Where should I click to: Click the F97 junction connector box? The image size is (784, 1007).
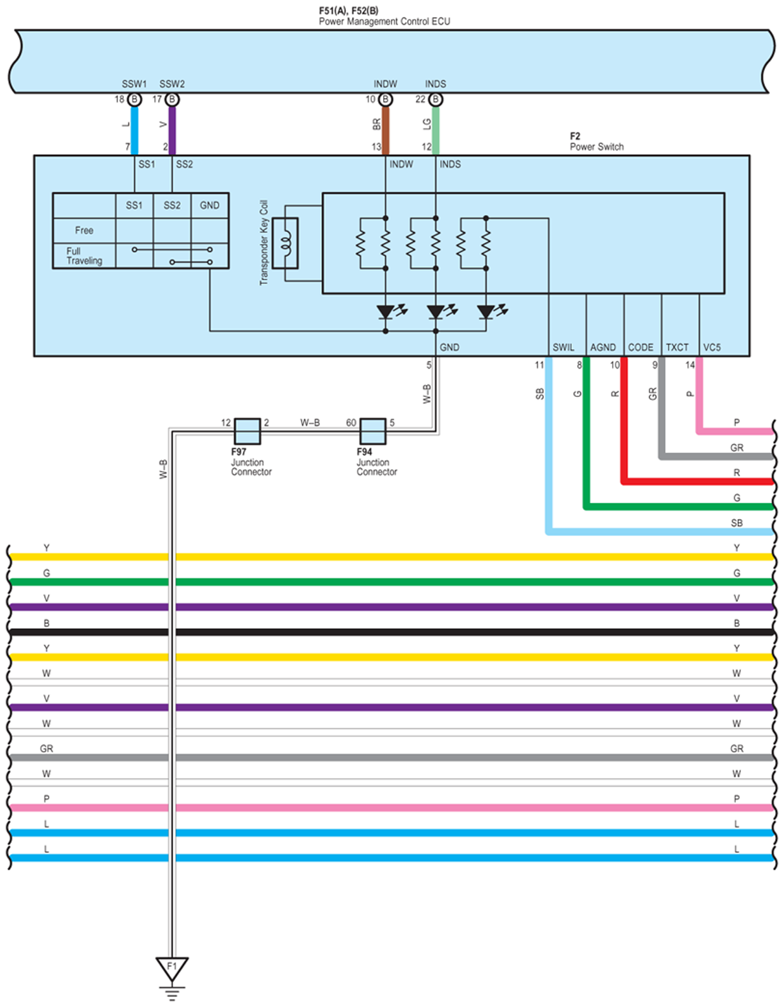tap(247, 431)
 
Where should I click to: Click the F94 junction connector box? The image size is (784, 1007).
tap(373, 431)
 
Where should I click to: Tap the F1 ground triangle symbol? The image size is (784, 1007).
tap(172, 968)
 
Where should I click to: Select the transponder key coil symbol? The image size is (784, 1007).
tap(285, 243)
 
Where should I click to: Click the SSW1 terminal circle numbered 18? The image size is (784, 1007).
tap(135, 100)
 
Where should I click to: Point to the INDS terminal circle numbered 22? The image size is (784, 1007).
tap(435, 100)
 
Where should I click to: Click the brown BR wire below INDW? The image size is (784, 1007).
tap(385, 131)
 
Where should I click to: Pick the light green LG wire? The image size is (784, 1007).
tap(436, 131)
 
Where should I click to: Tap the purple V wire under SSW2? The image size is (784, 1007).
tap(172, 131)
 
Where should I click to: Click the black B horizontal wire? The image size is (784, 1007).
tap(391, 632)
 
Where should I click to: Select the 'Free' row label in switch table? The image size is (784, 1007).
tap(84, 230)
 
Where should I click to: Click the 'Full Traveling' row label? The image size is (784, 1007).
tap(84, 256)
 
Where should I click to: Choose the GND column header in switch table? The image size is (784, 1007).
tap(209, 205)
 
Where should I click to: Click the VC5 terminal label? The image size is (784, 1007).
tap(712, 347)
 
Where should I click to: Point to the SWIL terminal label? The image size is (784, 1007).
tap(563, 347)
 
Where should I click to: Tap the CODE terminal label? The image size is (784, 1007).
tap(640, 347)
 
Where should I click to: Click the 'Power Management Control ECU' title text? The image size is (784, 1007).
tap(384, 21)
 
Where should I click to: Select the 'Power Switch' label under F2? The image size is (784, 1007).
tap(597, 147)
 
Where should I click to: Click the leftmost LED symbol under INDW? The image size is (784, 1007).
tap(386, 312)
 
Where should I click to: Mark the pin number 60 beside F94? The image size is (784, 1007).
tap(352, 423)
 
